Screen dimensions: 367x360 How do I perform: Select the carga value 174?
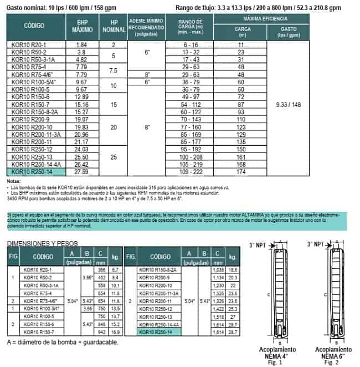(x=240, y=174)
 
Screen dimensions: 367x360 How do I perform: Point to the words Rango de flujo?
(x=199, y=8)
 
